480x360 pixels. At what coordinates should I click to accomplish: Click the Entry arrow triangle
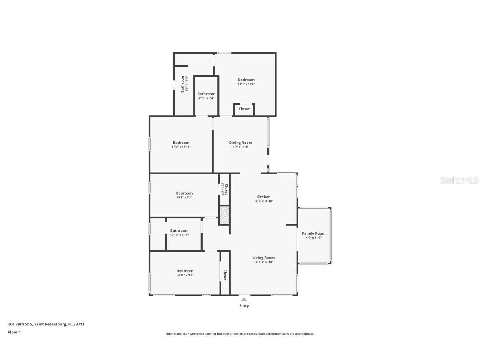point(244,299)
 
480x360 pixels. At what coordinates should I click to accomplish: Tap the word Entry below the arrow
point(244,306)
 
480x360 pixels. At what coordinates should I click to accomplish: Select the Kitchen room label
point(263,197)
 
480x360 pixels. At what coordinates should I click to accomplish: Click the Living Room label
point(263,257)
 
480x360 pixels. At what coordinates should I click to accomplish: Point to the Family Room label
point(314,233)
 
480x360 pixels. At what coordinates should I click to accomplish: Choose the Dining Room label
point(240,142)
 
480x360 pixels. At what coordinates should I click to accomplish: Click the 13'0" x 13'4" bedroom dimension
point(246,84)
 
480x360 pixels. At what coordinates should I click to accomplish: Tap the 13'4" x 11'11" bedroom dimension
point(181,147)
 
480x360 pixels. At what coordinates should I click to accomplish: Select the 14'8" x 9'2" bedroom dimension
point(184,197)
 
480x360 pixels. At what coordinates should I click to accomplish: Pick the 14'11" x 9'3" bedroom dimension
point(185,275)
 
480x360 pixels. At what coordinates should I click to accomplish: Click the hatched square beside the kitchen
point(225,215)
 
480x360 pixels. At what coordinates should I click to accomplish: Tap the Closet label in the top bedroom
point(244,109)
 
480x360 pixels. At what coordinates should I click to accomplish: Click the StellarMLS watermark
point(459,180)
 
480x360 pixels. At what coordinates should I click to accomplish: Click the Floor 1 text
point(14,332)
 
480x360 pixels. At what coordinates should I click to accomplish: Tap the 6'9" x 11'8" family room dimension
point(314,238)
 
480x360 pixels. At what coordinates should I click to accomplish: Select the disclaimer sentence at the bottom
point(240,334)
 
